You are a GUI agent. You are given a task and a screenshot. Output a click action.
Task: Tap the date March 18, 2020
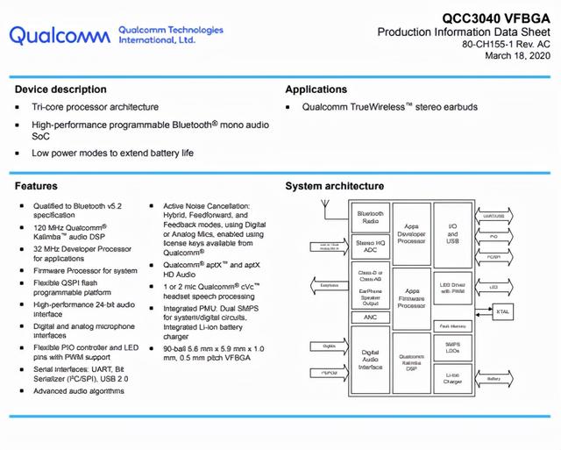[519, 55]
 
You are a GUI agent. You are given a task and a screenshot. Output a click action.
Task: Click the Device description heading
[60, 89]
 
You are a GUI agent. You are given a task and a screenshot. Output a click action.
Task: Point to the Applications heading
[316, 89]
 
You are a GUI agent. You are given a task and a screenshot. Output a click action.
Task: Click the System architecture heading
[334, 186]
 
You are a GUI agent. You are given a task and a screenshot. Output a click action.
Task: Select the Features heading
[36, 186]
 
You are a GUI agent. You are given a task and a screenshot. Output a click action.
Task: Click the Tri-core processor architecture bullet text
[95, 107]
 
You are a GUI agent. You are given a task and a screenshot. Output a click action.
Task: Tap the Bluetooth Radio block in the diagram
[370, 216]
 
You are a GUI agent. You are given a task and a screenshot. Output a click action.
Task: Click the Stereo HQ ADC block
[370, 246]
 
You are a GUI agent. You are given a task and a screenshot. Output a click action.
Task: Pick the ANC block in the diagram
[370, 317]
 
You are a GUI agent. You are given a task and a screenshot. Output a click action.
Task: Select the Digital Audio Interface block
[370, 359]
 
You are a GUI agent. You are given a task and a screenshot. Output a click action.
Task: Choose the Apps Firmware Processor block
[410, 298]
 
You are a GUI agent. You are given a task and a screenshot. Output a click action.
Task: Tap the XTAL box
[501, 311]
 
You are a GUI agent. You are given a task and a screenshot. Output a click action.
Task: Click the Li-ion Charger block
[452, 378]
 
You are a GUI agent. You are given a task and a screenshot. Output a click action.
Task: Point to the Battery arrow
[494, 379]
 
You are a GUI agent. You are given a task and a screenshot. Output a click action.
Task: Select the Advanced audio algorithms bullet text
[79, 390]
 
